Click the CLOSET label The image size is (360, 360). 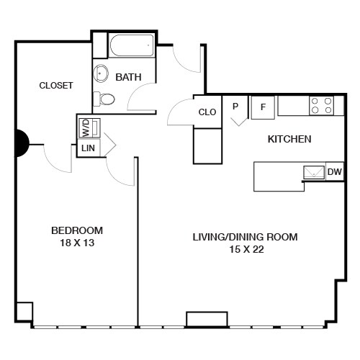[55, 85]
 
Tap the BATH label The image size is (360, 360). [128, 77]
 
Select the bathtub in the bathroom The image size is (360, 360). [130, 48]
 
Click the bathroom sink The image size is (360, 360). [101, 73]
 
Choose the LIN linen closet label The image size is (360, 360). [87, 148]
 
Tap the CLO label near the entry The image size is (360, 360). [207, 112]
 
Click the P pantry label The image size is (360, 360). [235, 107]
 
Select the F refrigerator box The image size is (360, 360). [263, 107]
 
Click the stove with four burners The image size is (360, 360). [321, 106]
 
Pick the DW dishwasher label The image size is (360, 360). [334, 172]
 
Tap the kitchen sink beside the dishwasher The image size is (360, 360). [314, 171]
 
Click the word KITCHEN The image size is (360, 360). [289, 139]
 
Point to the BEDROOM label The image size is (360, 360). [76, 230]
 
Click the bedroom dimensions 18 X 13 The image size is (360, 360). [76, 243]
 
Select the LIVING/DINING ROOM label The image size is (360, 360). [244, 236]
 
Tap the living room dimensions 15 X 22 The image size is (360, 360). [245, 249]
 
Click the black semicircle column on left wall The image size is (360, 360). [22, 142]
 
